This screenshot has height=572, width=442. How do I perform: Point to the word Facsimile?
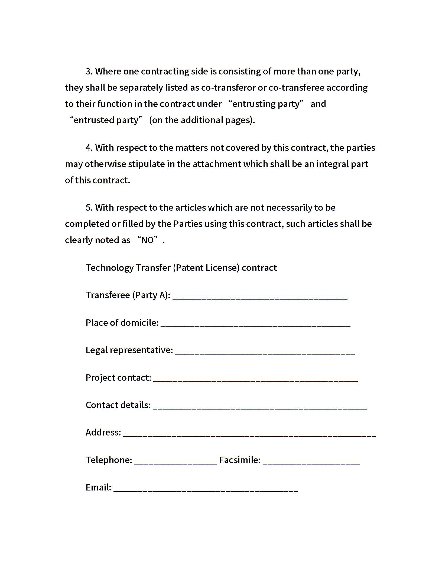[239, 460]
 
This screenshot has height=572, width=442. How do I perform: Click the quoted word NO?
[148, 240]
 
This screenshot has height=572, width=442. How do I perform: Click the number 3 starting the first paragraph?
[89, 71]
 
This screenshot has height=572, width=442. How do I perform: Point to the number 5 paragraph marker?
[89, 207]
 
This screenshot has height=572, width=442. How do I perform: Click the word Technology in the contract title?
[109, 268]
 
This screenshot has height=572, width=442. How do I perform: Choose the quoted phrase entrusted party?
[106, 120]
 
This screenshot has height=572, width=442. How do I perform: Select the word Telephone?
[109, 460]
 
